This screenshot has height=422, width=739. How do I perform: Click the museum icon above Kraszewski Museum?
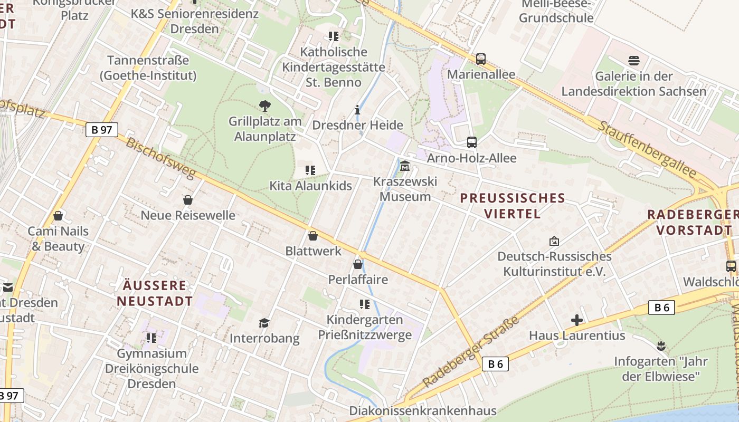click(x=405, y=166)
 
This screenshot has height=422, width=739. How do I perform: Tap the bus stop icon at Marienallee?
click(x=480, y=59)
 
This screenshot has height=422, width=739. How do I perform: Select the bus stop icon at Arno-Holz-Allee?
click(x=471, y=142)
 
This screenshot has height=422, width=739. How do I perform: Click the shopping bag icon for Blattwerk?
click(x=313, y=236)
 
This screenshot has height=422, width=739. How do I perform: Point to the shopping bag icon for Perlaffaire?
click(x=358, y=264)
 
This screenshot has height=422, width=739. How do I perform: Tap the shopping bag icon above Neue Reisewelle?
click(x=187, y=200)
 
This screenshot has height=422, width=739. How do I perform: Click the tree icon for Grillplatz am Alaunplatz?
click(x=264, y=106)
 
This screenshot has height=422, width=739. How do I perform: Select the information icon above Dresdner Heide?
click(x=357, y=110)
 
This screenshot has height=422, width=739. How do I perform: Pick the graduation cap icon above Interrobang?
click(x=264, y=323)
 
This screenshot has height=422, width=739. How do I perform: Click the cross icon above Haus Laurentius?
click(x=577, y=320)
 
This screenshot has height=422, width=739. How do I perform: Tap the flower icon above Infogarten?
click(x=660, y=346)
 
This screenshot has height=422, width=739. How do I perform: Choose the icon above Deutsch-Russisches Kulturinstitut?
click(x=554, y=241)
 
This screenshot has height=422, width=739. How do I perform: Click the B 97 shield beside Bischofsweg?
click(x=102, y=130)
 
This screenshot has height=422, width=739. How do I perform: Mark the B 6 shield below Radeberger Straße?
click(x=495, y=363)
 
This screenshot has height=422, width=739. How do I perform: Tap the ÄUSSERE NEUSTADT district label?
click(x=155, y=293)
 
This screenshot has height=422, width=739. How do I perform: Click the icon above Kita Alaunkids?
click(x=310, y=170)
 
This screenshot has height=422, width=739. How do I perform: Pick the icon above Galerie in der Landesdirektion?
click(x=633, y=61)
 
